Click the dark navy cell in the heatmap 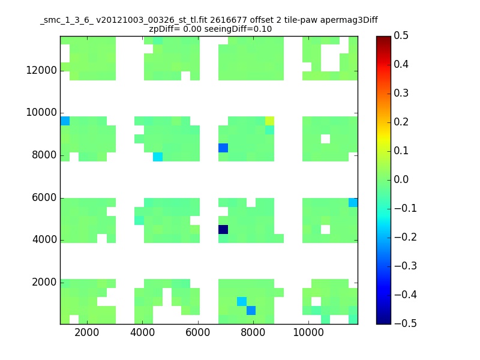223,229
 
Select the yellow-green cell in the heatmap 269,121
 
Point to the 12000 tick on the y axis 41,71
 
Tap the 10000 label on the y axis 41,113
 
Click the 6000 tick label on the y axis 44,198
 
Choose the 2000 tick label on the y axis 44,283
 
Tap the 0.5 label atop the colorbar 401,36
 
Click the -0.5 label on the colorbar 400,323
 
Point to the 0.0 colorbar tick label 401,179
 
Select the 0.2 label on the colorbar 401,122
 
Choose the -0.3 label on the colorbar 400,266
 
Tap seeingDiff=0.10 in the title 242,29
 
